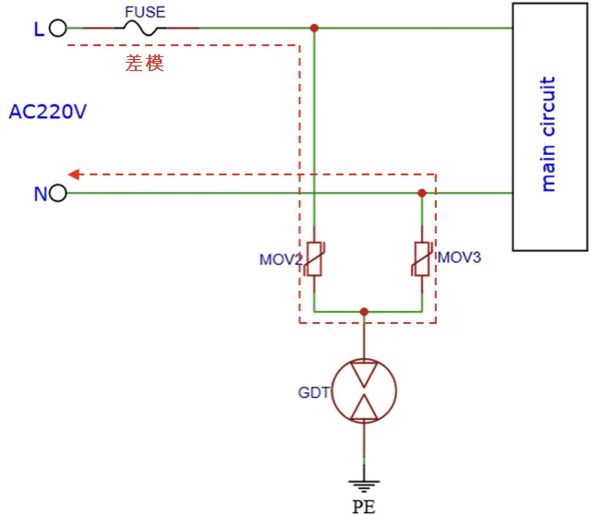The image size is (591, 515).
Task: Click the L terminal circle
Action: click(58, 29)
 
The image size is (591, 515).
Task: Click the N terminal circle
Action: click(58, 194)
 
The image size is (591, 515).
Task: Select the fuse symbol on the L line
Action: click(146, 29)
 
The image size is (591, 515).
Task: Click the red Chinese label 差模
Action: click(145, 64)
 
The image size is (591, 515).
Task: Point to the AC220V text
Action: click(48, 113)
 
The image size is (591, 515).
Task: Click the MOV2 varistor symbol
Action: click(315, 258)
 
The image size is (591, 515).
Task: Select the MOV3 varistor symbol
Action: click(422, 258)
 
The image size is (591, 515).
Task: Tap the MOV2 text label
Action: click(281, 259)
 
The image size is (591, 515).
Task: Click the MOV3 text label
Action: click(459, 257)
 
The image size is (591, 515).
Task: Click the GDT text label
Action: click(313, 392)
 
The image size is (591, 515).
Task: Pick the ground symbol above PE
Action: click(364, 483)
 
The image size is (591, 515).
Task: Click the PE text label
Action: click(364, 505)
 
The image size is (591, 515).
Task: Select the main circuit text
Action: click(549, 135)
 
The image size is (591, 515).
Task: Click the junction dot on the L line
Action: click(315, 29)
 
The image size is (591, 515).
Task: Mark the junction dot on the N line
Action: click(422, 194)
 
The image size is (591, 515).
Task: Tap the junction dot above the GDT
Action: click(364, 312)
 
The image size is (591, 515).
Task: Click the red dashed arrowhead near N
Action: click(75, 174)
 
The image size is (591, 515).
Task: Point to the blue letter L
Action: click(38, 30)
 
